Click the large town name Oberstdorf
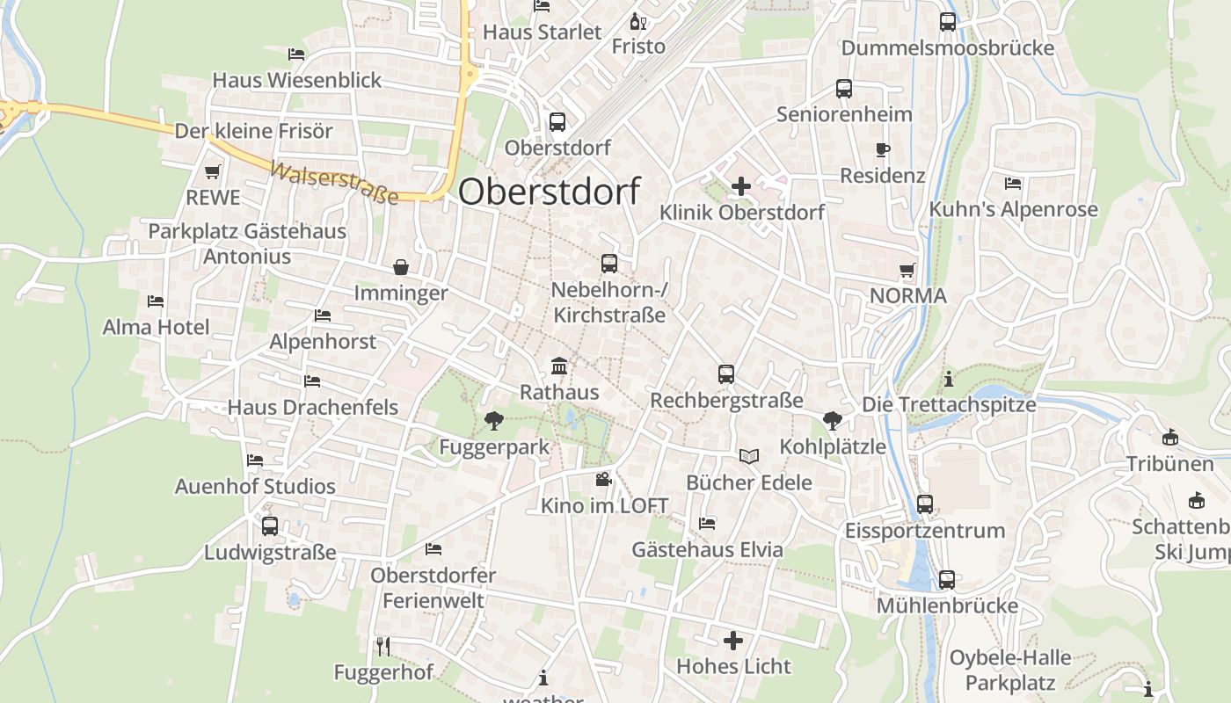coord(550,191)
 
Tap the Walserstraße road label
coord(334,183)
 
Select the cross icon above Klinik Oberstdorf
coord(741,185)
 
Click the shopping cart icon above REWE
coord(212,171)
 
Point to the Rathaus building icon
coord(558,366)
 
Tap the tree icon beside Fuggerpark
coord(494,421)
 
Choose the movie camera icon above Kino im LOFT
coord(603,479)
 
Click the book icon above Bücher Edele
coord(749,456)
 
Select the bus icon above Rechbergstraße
coord(726,373)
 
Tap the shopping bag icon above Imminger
coord(401,266)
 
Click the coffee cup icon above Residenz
coord(883,150)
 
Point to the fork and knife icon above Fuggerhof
coord(382,647)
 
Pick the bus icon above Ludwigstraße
coord(270,525)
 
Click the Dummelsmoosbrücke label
coord(947,47)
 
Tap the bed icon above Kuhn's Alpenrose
coord(1013,183)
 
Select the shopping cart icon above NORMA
coord(907,270)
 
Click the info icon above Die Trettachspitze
coord(948,380)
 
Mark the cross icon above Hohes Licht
coord(733,640)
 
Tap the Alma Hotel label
coord(157,327)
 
